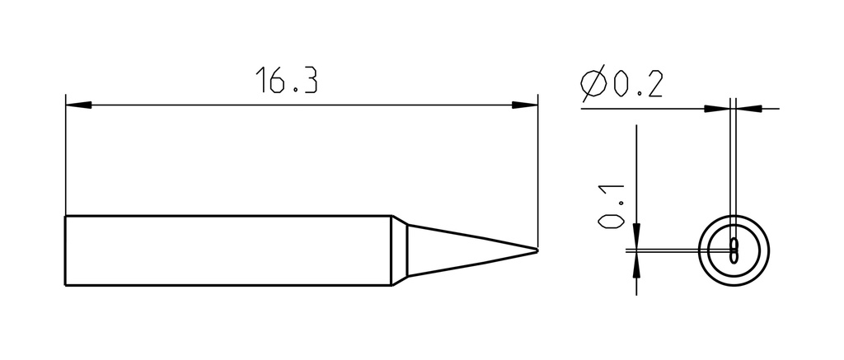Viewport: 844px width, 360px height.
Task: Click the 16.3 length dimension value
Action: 286,80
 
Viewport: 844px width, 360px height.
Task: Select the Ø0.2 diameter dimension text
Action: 621,84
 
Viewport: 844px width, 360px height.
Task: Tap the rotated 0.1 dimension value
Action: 611,207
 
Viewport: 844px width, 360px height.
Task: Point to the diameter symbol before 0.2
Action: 593,84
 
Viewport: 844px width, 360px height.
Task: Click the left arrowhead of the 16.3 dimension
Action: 78,105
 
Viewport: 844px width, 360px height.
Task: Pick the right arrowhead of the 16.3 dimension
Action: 525,105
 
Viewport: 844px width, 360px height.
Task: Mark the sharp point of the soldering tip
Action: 537,250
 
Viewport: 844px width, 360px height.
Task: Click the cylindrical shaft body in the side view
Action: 228,250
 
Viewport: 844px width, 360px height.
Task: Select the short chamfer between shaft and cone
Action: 400,250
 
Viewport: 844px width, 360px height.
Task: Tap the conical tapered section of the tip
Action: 472,250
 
